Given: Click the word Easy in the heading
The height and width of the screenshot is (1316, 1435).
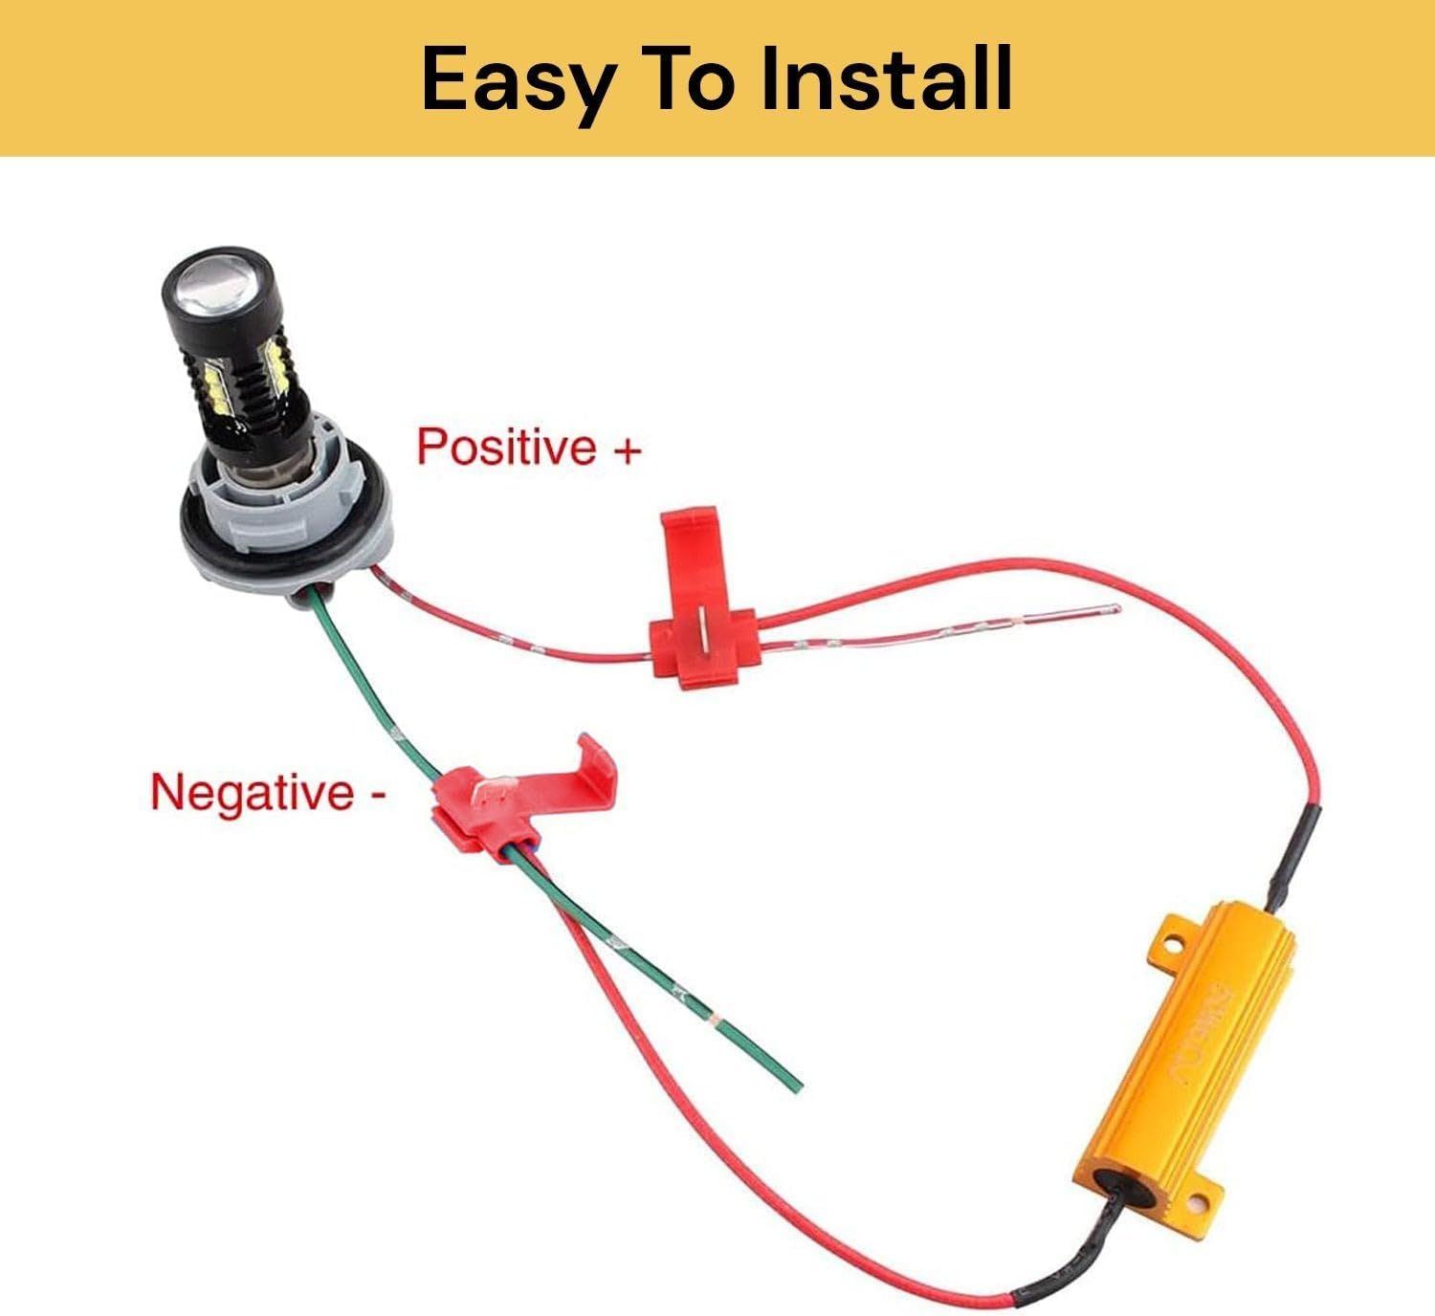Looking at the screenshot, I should (x=517, y=80).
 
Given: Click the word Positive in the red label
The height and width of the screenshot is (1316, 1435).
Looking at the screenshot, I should (x=506, y=447).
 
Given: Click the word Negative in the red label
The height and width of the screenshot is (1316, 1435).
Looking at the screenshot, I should (x=252, y=793).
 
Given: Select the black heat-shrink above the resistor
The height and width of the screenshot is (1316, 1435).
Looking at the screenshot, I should (x=1293, y=856).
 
